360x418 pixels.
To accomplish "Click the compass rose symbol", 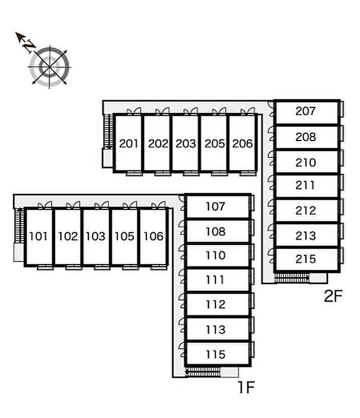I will pos(49,66).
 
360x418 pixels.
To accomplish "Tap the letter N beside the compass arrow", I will pos(29,46).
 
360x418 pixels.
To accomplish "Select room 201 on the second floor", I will pos(129,144).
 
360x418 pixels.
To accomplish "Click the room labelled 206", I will pos(242,144).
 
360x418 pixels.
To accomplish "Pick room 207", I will pos(305,111).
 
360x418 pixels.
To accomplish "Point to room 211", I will pos(305,185).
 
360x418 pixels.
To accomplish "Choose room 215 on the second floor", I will pos(305,259).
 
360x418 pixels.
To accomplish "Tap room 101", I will pos(39,237).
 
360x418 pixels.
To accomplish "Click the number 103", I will pos(95,237).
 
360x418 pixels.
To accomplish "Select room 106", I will pos(153,237).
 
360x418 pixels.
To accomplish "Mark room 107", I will pos(215,207).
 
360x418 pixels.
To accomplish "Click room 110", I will pos(215,255).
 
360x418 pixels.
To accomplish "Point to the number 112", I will pos(215,305).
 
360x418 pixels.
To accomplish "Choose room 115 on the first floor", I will pos(215,355).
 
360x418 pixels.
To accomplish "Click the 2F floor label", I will pos(333,297).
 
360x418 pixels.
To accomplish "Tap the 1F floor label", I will pos(246,387).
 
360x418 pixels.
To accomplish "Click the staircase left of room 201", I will pos(108,131).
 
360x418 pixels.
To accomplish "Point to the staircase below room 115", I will pos(203,372).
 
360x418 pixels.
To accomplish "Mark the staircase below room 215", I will pos(292,278).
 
